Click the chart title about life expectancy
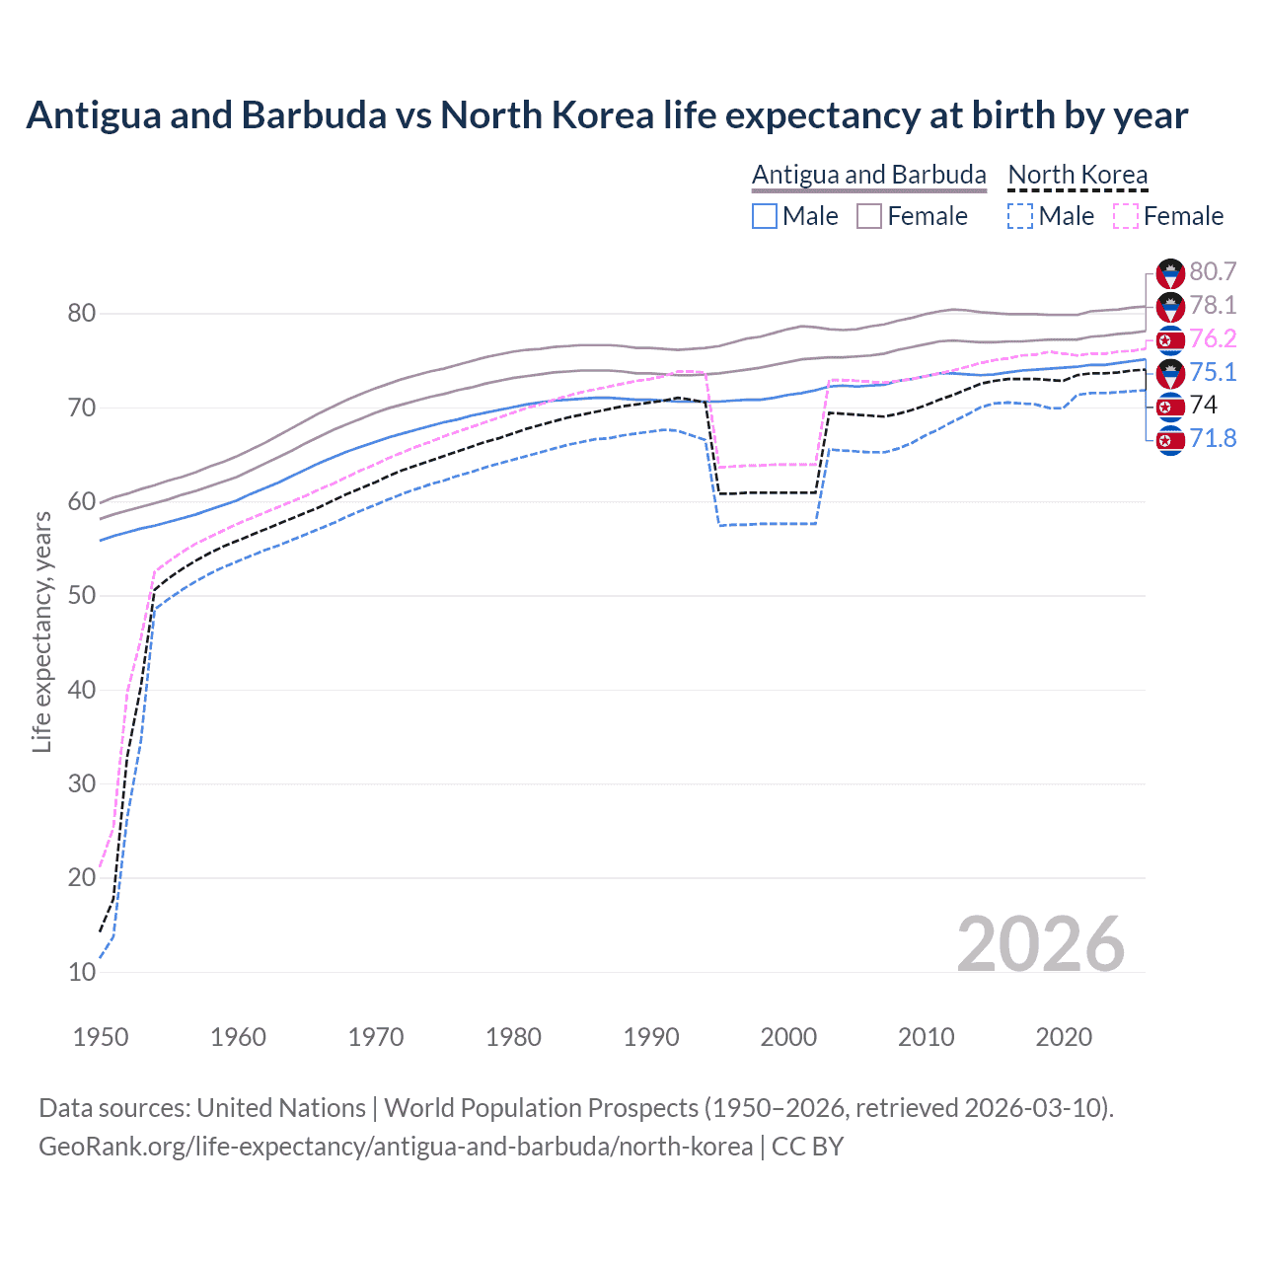(x=607, y=115)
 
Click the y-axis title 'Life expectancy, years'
(x=41, y=631)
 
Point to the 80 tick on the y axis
(x=82, y=314)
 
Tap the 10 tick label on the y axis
(x=82, y=972)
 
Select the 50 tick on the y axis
(x=82, y=596)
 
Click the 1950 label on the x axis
(x=101, y=1037)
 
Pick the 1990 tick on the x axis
(x=651, y=1037)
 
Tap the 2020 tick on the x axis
(x=1064, y=1037)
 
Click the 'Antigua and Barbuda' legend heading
(x=868, y=175)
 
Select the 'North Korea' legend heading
(x=1077, y=175)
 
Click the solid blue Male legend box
(x=765, y=216)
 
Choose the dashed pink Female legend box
(x=1126, y=216)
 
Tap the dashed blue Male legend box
(x=1020, y=216)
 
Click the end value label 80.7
(x=1213, y=272)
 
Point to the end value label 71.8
(x=1213, y=438)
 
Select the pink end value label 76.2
(x=1213, y=338)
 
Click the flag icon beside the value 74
(x=1170, y=406)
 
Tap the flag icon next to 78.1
(x=1170, y=306)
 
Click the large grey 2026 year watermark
(x=1040, y=944)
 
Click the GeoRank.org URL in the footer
(x=395, y=1147)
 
